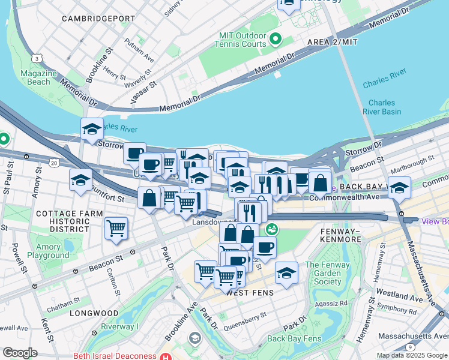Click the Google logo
[19, 353]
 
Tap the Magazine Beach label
[38, 77]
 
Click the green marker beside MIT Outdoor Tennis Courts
[276, 40]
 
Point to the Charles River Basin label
[382, 107]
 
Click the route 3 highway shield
[38, 58]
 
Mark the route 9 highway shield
[409, 347]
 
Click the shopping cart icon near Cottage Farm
[116, 228]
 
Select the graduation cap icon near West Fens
[287, 272]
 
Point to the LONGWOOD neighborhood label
[94, 313]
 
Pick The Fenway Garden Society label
[323, 273]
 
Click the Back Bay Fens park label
[292, 338]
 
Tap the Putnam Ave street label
[139, 52]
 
